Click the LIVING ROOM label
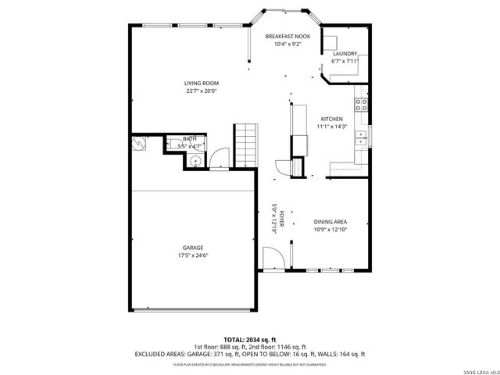click(201, 83)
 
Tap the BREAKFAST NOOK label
click(287, 37)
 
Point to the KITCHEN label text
click(330, 119)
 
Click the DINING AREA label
click(330, 221)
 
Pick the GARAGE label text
click(193, 248)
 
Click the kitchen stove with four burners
click(362, 104)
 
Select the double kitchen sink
click(361, 138)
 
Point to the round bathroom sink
click(195, 160)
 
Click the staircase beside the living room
click(245, 145)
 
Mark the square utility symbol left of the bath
click(140, 145)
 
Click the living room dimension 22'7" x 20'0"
click(201, 91)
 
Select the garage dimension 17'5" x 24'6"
click(193, 255)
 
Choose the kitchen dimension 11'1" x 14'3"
click(330, 127)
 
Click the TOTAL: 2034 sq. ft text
click(249, 339)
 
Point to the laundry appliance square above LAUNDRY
click(331, 43)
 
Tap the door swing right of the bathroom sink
click(218, 158)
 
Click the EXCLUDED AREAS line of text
click(249, 354)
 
